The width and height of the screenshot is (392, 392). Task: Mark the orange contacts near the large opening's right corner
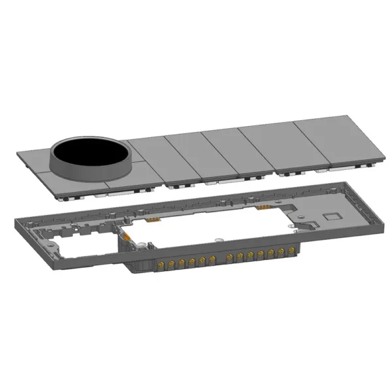pyautogui.click(x=264, y=208)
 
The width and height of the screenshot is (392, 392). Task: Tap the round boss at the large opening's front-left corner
pyautogui.click(x=139, y=247)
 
